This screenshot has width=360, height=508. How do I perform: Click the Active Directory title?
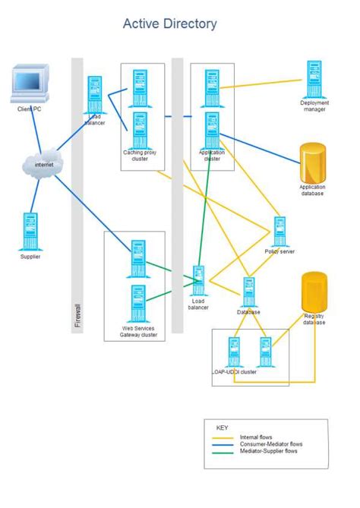pos(169,24)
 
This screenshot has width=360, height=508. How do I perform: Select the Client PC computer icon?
pos(30,84)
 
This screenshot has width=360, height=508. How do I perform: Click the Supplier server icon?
pos(30,232)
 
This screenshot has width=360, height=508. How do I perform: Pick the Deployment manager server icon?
pos(314,79)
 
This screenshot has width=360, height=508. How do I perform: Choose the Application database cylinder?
pos(312,162)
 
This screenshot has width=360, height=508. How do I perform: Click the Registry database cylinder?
pos(314,293)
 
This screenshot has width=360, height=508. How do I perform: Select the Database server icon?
pos(248,292)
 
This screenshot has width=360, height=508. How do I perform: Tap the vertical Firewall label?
pos(77,317)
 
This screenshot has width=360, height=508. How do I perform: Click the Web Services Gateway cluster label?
pos(139,332)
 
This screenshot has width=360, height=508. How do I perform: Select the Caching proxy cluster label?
pos(141,156)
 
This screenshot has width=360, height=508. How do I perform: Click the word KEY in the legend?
pos(222,428)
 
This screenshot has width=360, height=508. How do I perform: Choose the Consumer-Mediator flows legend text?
pos(270,444)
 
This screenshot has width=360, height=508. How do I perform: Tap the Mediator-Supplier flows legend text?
pos(269,451)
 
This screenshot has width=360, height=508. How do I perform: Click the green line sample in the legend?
pos(223,452)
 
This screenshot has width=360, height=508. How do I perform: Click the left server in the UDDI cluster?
pos(233,352)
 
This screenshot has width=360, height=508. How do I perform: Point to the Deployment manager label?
pos(313,106)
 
